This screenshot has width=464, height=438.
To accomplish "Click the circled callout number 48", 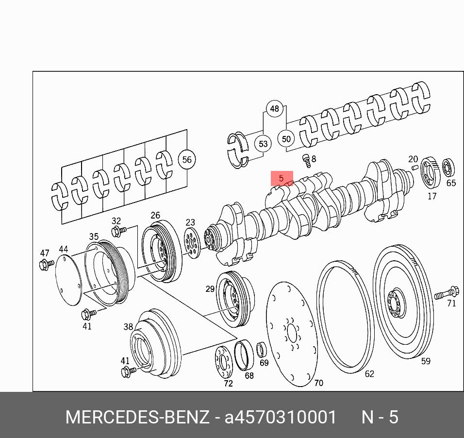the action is coord(275,109).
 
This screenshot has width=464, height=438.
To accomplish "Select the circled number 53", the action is coord(263,144).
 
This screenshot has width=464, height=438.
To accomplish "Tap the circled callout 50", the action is coord(286,138).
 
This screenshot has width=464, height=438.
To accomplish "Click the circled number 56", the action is coord(187,160).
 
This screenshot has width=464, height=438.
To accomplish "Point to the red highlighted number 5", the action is coord(282,178).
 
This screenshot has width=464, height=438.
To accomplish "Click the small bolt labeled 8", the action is coord(307,161).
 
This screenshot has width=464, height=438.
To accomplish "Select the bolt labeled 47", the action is coord(47,264).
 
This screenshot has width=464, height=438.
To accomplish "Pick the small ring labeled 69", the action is coord(261,350).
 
